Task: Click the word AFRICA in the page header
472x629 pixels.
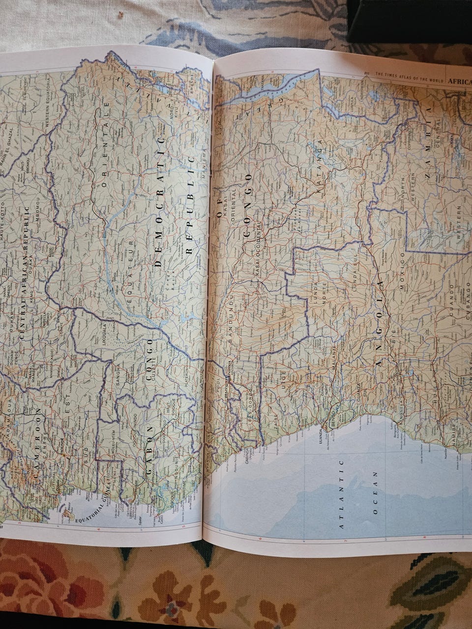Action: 460,82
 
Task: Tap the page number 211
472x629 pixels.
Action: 366,74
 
